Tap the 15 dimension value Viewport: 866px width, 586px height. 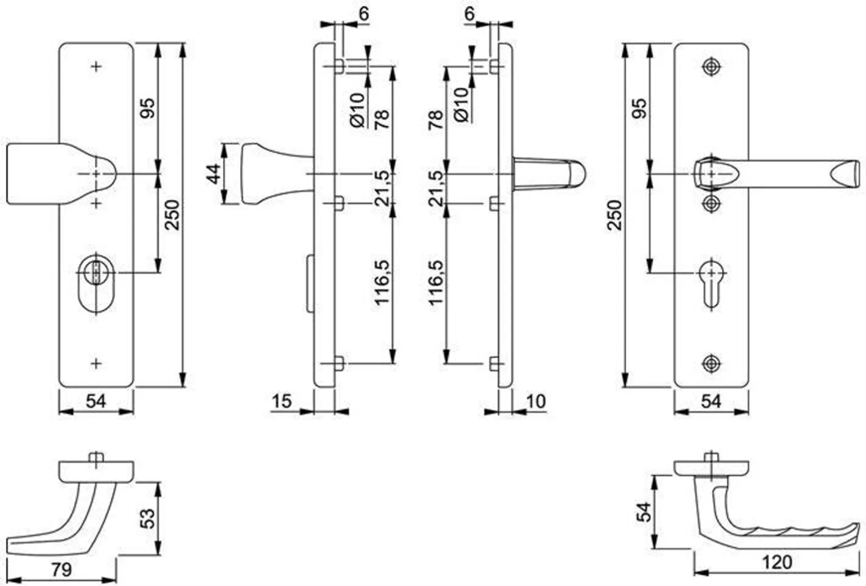pos(282,401)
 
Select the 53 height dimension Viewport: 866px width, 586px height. pos(147,518)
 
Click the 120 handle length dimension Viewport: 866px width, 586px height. pos(777,562)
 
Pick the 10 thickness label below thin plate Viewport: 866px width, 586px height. pos(535,401)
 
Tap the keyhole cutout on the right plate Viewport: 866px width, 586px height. pos(711,283)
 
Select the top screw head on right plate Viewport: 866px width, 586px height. pos(711,66)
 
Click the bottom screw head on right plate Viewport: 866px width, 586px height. pos(711,363)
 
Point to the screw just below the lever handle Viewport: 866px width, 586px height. pos(711,204)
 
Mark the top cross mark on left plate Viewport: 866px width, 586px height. pos(96,66)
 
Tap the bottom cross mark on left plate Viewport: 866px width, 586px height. pos(96,363)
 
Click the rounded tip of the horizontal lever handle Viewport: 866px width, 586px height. pos(577,174)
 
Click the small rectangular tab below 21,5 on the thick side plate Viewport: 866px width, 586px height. pos(339,204)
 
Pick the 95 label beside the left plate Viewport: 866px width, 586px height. pos(147,107)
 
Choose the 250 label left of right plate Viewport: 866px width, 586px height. pos(614,215)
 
